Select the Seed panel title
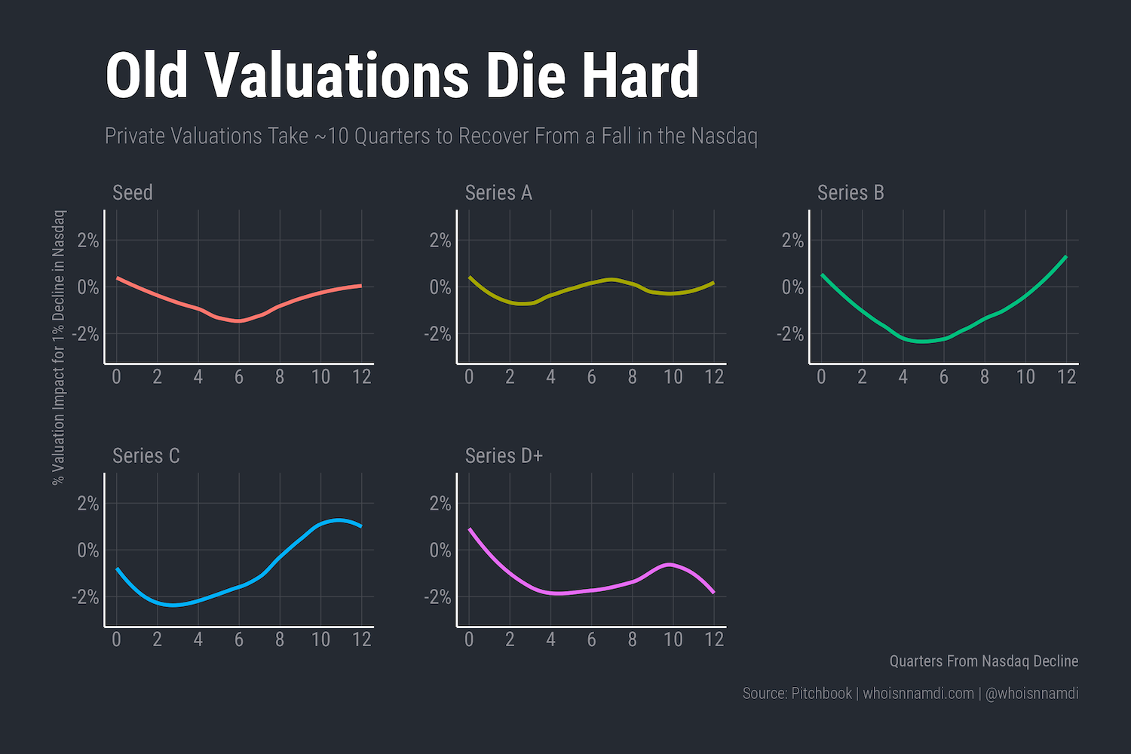(133, 192)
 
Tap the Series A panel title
(498, 192)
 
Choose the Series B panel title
(851, 192)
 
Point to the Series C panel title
(146, 455)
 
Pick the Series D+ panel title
(504, 455)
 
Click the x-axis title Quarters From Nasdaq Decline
(983, 661)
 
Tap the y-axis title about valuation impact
(59, 347)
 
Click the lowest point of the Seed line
(238, 321)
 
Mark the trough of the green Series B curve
(923, 342)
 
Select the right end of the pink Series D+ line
(713, 593)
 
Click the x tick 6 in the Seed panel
(239, 377)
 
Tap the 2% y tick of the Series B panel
(792, 241)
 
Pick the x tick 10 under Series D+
(673, 639)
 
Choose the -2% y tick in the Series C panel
(85, 596)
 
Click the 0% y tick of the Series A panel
(440, 287)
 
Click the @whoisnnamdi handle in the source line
(1031, 694)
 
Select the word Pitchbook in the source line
(821, 694)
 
